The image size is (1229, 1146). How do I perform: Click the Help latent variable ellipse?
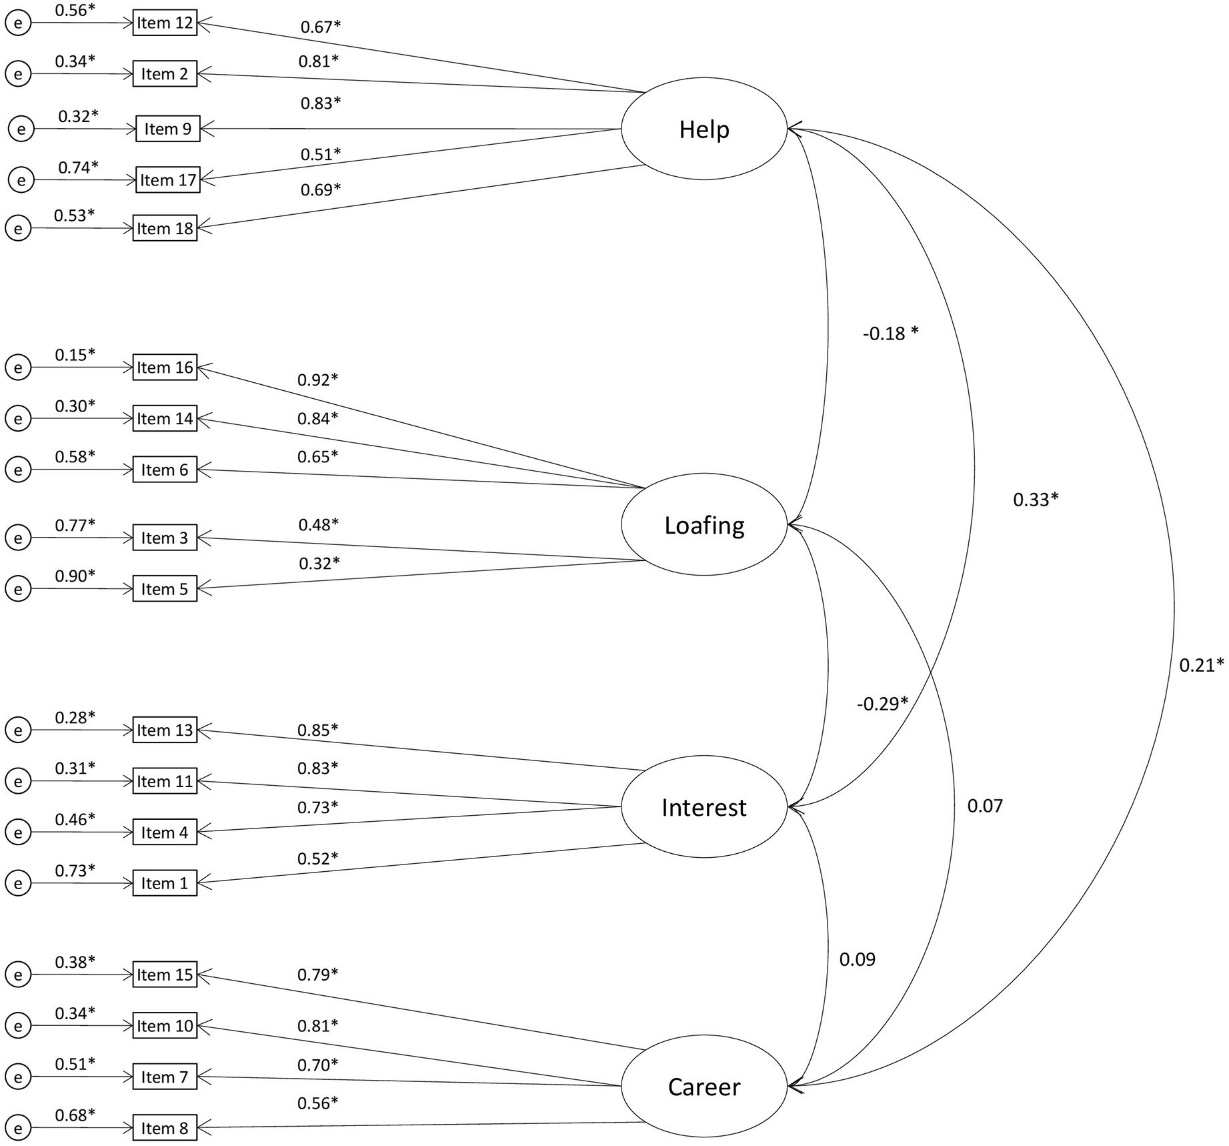(x=704, y=129)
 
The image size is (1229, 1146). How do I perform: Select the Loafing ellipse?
(x=704, y=525)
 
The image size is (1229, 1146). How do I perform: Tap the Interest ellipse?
(x=704, y=807)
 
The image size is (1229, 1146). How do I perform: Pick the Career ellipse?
(x=704, y=1087)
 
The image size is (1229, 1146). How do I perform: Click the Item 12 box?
(x=165, y=23)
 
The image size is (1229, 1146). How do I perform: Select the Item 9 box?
(x=167, y=129)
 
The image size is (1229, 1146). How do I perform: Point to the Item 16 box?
(x=165, y=368)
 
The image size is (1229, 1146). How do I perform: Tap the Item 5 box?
(x=165, y=589)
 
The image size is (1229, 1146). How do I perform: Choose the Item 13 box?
(x=165, y=730)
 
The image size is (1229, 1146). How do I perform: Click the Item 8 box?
(x=165, y=1128)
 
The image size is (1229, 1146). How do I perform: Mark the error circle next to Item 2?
(x=18, y=74)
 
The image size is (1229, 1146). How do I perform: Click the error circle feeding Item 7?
(x=18, y=1077)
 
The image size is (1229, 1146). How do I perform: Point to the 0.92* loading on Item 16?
(x=318, y=380)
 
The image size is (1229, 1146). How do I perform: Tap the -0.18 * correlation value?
(x=890, y=333)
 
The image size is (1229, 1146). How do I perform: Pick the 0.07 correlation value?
(x=985, y=806)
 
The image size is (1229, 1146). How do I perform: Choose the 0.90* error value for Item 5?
(x=75, y=575)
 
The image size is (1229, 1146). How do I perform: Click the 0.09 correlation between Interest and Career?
(x=857, y=959)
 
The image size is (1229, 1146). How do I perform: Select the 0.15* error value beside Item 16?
(x=75, y=354)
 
